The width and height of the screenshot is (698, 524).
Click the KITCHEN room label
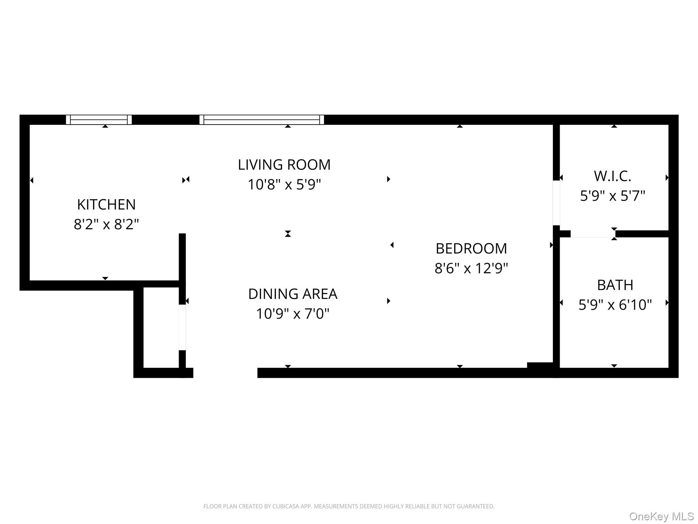(x=106, y=205)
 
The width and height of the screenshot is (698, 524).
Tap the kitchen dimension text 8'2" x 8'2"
(x=106, y=224)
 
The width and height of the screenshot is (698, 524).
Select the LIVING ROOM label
(x=284, y=165)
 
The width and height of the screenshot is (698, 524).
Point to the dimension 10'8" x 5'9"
(x=284, y=185)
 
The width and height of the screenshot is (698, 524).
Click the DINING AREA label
(x=292, y=294)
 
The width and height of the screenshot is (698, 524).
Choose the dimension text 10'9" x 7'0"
(x=292, y=314)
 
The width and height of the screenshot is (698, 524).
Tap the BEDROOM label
(x=471, y=248)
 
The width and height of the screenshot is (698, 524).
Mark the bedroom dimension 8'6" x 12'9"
(x=471, y=268)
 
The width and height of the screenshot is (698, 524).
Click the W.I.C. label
(x=612, y=176)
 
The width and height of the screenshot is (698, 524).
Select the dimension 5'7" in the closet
(x=633, y=196)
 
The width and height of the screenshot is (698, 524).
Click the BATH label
(x=615, y=285)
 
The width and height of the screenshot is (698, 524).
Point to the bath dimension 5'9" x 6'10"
(x=615, y=305)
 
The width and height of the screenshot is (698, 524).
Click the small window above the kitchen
(x=99, y=120)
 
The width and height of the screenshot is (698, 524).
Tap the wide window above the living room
(x=261, y=120)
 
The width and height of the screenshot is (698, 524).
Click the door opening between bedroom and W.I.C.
(x=556, y=203)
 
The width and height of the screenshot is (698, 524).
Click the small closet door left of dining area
(x=182, y=327)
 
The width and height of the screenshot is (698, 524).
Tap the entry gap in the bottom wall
(x=225, y=373)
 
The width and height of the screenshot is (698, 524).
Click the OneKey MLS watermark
(x=661, y=516)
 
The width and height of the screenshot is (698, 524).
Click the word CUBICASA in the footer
(x=286, y=506)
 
